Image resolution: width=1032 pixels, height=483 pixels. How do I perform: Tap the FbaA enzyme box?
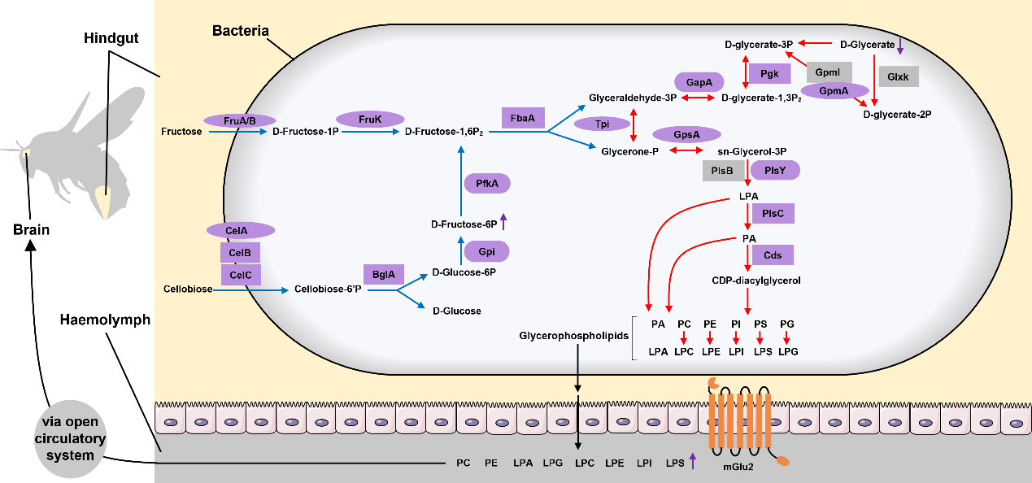click(522, 119)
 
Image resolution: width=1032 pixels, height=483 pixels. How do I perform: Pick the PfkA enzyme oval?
click(487, 184)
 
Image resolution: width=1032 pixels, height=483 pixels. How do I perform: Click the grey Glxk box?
click(899, 76)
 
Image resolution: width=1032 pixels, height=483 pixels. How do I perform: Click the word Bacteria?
click(241, 31)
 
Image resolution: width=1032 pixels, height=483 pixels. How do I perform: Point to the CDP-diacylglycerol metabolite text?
click(755, 281)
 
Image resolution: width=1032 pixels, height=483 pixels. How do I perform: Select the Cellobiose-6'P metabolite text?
click(321, 289)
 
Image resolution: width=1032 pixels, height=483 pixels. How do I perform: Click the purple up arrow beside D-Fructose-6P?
click(503, 220)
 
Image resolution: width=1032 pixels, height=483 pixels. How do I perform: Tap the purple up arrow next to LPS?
click(692, 462)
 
